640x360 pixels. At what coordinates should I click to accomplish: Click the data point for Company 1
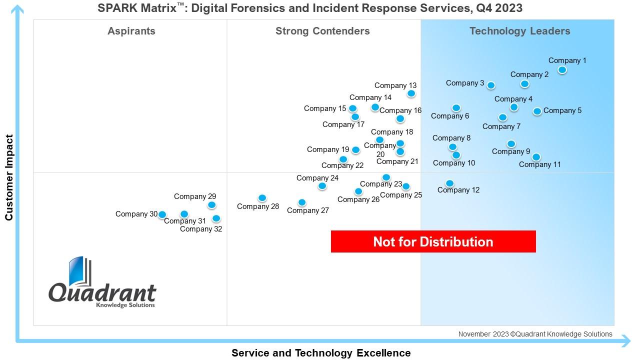pos(562,70)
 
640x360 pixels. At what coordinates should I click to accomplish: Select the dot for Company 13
pos(411,93)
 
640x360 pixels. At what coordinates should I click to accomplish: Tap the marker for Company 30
pos(162,214)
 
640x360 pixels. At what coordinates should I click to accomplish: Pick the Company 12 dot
pos(449,183)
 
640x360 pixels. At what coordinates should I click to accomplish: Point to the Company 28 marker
pos(262,198)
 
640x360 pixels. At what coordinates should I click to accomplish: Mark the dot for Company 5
pos(537,111)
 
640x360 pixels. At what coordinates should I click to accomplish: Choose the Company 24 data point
pos(322,186)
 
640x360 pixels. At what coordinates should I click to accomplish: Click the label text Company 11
pos(539,164)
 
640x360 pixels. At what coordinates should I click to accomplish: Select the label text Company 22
pos(342,165)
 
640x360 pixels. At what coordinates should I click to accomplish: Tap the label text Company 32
pos(201,229)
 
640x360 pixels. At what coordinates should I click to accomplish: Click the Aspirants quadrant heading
pos(131,31)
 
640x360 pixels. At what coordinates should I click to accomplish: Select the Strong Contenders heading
pos(322,31)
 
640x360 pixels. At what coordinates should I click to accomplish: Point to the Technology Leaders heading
pos(519,31)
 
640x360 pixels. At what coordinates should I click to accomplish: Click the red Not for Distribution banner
pos(433,241)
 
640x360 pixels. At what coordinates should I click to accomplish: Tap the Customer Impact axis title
pos(9,177)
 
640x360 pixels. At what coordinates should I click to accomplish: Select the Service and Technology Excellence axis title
pos(321,353)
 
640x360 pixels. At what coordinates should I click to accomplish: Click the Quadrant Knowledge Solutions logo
pos(102,283)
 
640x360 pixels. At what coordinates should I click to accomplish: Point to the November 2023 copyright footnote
pos(535,334)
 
